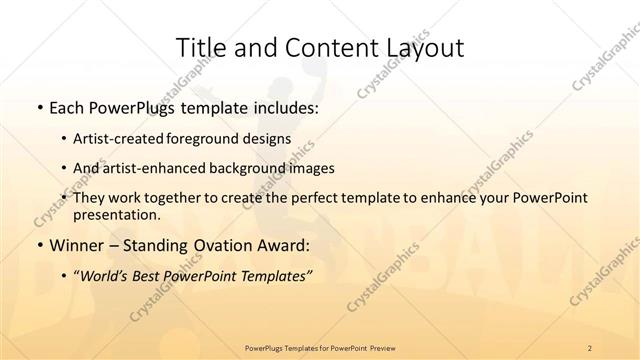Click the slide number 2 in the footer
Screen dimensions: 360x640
590,346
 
